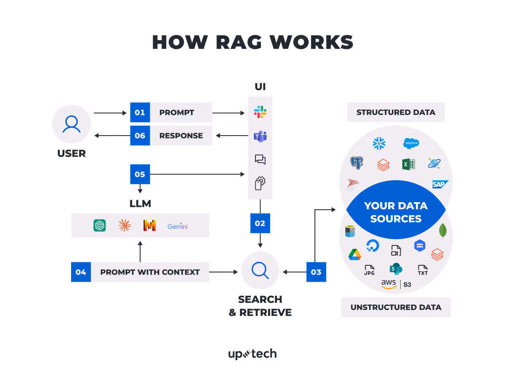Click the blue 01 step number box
click(140, 112)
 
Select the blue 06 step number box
click(140, 136)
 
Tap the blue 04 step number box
click(81, 272)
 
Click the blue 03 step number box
click(316, 272)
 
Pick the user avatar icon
click(72, 124)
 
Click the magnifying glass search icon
click(260, 270)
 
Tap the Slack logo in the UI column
click(260, 112)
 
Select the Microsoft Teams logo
click(260, 136)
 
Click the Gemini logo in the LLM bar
click(177, 226)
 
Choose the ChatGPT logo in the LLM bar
click(100, 226)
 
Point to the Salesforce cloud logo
click(411, 144)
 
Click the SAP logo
click(440, 184)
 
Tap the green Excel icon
click(409, 164)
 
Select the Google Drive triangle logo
click(355, 254)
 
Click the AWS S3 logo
click(396, 284)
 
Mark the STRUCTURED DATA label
click(396, 112)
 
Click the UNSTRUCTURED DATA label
click(396, 307)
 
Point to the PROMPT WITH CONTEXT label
click(150, 272)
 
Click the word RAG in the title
click(238, 42)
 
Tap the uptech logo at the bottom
click(252, 354)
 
